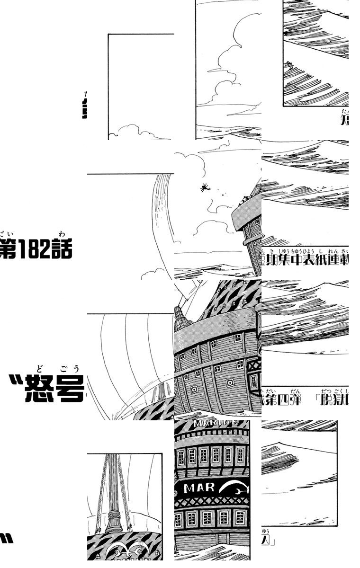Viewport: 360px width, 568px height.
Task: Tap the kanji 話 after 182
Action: (x=63, y=251)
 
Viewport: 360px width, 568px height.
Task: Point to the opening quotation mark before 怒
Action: (x=15, y=379)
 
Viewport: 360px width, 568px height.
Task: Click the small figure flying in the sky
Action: (x=204, y=188)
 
